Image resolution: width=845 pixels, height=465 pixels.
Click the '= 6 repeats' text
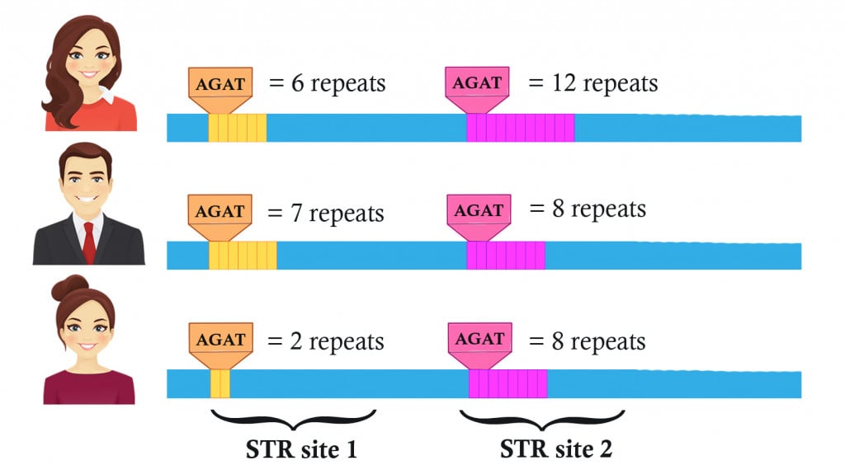pyautogui.click(x=326, y=84)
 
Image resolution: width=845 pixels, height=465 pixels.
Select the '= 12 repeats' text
pyautogui.click(x=592, y=84)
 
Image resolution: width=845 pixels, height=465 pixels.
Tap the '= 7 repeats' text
pyautogui.click(x=326, y=214)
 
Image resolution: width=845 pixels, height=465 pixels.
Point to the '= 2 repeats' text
pyautogui.click(x=326, y=341)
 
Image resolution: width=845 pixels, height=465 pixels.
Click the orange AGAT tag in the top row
pyautogui.click(x=220, y=84)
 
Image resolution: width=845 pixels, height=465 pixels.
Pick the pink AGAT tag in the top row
pyautogui.click(x=478, y=82)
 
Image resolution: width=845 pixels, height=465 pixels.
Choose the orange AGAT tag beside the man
pyautogui.click(x=220, y=211)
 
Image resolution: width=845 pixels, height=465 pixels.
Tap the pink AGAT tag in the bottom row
pyautogui.click(x=479, y=339)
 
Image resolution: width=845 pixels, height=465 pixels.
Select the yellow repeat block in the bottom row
pyautogui.click(x=220, y=384)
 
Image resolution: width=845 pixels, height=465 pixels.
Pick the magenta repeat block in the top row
pyautogui.click(x=520, y=128)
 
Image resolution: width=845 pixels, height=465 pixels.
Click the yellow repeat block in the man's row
pyautogui.click(x=243, y=256)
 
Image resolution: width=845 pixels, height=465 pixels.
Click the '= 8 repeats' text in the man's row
pyautogui.click(x=587, y=209)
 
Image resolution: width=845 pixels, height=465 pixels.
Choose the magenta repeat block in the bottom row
pyautogui.click(x=507, y=384)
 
